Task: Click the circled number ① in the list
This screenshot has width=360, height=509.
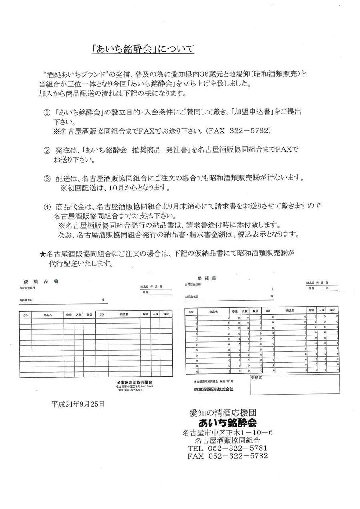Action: tap(47, 112)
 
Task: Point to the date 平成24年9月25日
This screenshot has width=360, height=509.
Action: tap(78, 404)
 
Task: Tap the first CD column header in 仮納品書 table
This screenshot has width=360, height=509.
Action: tap(26, 315)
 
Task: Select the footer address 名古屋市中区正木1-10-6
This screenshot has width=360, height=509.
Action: tap(227, 432)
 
